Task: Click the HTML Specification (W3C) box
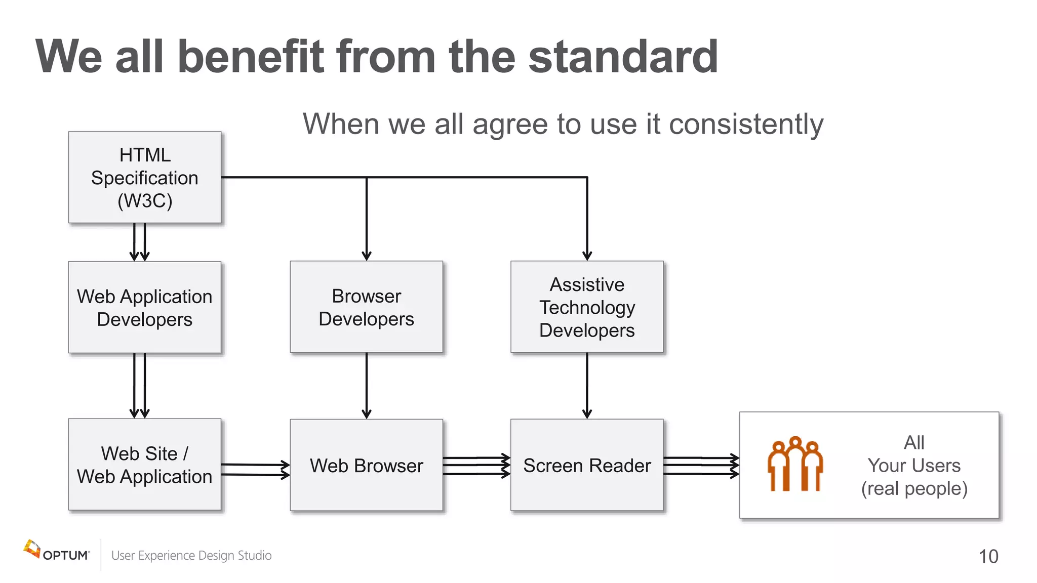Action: click(x=145, y=177)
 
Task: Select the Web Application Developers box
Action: click(x=145, y=307)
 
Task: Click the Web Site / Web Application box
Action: click(x=145, y=464)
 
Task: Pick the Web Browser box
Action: click(x=366, y=465)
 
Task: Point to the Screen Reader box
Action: click(x=587, y=465)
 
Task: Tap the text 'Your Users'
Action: click(x=914, y=465)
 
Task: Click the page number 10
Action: click(x=988, y=556)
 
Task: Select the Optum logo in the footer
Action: click(x=56, y=552)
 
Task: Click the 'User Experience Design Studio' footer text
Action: click(x=191, y=555)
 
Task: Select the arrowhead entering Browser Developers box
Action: click(x=367, y=256)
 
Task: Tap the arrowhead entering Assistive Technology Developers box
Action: click(x=587, y=256)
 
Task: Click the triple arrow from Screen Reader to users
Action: click(x=701, y=466)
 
